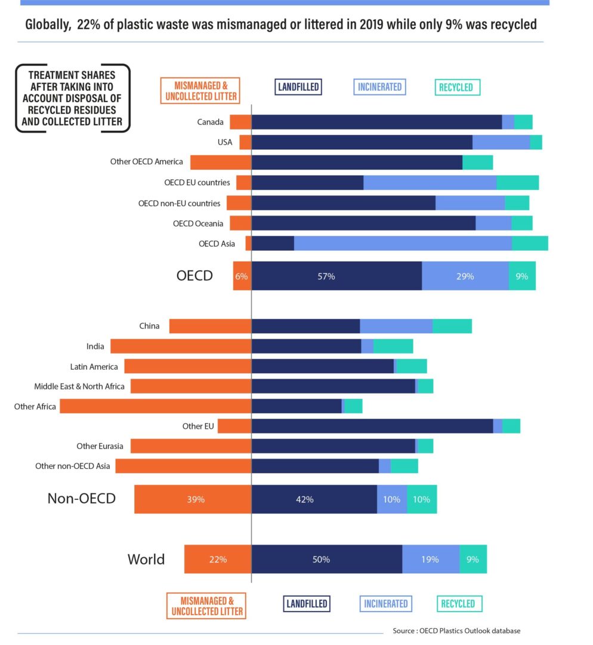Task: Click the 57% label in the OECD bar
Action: [326, 276]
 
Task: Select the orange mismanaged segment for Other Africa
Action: [156, 406]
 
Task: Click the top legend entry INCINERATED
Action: [379, 87]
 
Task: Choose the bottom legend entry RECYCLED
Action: [458, 604]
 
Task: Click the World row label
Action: [146, 560]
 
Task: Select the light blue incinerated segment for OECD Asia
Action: [403, 244]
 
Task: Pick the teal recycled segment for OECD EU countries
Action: [517, 183]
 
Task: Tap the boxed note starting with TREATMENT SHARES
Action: [72, 99]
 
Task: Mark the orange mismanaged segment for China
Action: [210, 326]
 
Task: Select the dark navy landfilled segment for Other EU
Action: [372, 426]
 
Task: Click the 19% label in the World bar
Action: [430, 560]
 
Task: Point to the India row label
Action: [95, 346]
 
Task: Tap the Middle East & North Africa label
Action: [79, 386]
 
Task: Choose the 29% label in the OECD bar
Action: [465, 276]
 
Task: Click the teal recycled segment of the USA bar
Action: [536, 142]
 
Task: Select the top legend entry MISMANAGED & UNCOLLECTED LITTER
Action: [200, 90]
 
